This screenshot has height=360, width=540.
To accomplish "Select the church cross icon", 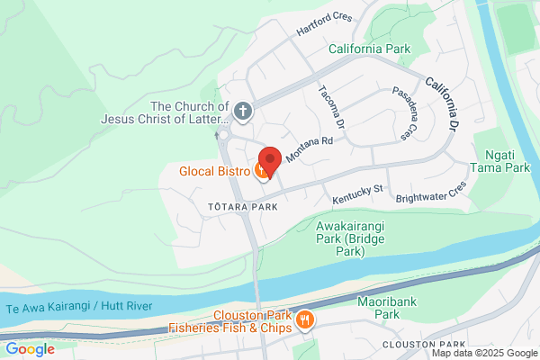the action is tap(241, 112).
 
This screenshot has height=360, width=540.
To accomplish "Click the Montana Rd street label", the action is tap(310, 148).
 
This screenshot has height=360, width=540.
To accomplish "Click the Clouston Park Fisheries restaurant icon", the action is tap(305, 319).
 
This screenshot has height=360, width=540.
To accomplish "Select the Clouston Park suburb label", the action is tap(422, 345).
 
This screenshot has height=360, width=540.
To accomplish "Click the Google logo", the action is tap(30, 349).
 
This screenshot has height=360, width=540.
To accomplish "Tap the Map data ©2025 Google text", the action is tap(487, 354).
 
